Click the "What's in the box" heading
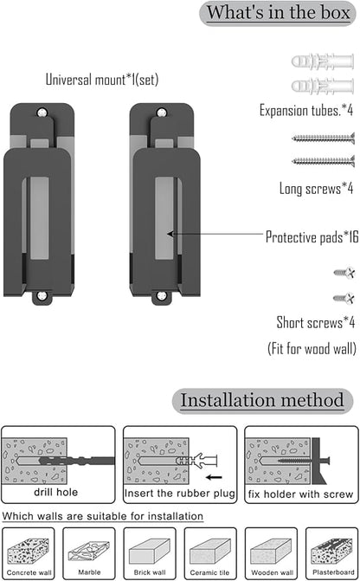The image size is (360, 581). [278, 13]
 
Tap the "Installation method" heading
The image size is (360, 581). [262, 400]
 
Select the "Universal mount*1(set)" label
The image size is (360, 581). [102, 80]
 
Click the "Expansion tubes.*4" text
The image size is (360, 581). [306, 111]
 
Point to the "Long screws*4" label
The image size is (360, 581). [316, 188]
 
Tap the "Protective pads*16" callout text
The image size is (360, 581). [312, 237]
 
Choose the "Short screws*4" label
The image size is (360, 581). [316, 322]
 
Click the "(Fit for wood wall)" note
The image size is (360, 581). [312, 349]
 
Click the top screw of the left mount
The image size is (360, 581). [42, 112]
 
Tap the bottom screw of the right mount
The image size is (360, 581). [162, 295]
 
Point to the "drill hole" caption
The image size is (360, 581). [56, 492]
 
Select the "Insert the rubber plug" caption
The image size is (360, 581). [180, 494]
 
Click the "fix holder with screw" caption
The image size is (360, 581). [301, 494]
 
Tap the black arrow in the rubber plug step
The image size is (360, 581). [214, 477]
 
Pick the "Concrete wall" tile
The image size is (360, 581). [29, 553]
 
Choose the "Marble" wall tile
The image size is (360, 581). [89, 553]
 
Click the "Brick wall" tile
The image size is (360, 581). [150, 553]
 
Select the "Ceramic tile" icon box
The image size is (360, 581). [210, 553]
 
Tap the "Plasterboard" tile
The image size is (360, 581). [331, 553]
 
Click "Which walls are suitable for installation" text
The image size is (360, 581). [103, 516]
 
